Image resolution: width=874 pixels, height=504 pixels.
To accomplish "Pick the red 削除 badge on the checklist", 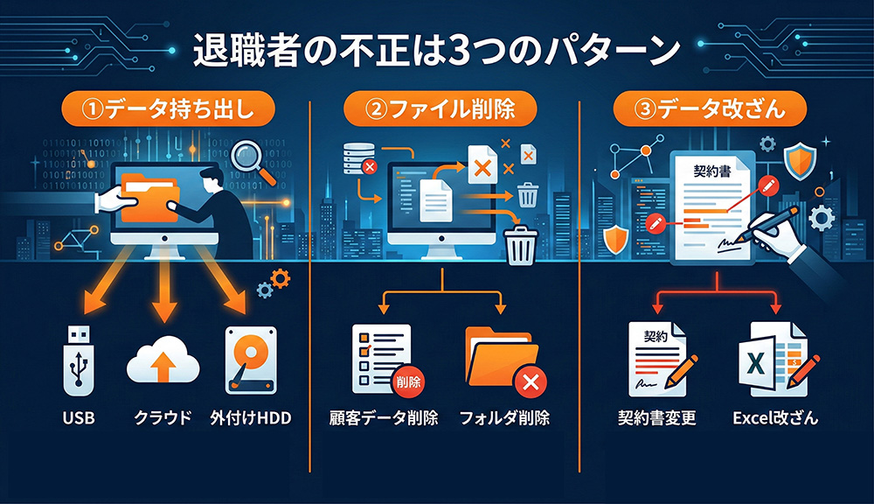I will click(x=407, y=381).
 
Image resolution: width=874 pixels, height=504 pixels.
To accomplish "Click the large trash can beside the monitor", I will click(x=521, y=244).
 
